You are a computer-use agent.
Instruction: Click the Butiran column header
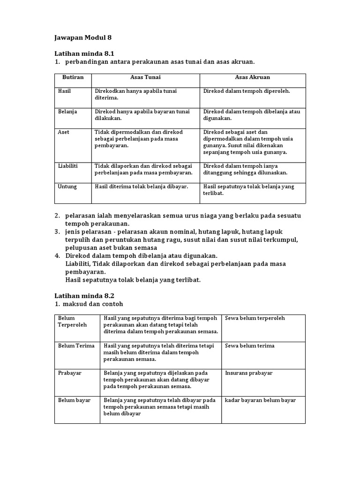[x=73, y=77]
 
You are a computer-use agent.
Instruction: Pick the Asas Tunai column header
[x=145, y=77]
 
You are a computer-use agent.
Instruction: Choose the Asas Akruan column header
[x=252, y=77]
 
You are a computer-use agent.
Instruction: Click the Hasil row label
[x=64, y=91]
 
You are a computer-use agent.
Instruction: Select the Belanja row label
[x=67, y=112]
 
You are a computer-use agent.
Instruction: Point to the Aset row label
[x=63, y=132]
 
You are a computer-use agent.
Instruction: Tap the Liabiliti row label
[x=67, y=166]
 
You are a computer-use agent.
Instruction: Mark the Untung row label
[x=67, y=187]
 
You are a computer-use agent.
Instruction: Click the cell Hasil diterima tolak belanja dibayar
[x=141, y=187]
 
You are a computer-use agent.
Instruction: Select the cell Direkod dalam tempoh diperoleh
[x=247, y=91]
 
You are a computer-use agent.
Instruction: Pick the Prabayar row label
[x=69, y=373]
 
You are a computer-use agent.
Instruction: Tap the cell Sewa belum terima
[x=249, y=346]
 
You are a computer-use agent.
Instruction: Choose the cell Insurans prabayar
[x=248, y=373]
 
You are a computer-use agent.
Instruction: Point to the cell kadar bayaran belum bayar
[x=260, y=400]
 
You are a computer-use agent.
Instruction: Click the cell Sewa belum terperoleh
[x=255, y=318]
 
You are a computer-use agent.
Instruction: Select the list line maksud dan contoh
[x=94, y=304]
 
